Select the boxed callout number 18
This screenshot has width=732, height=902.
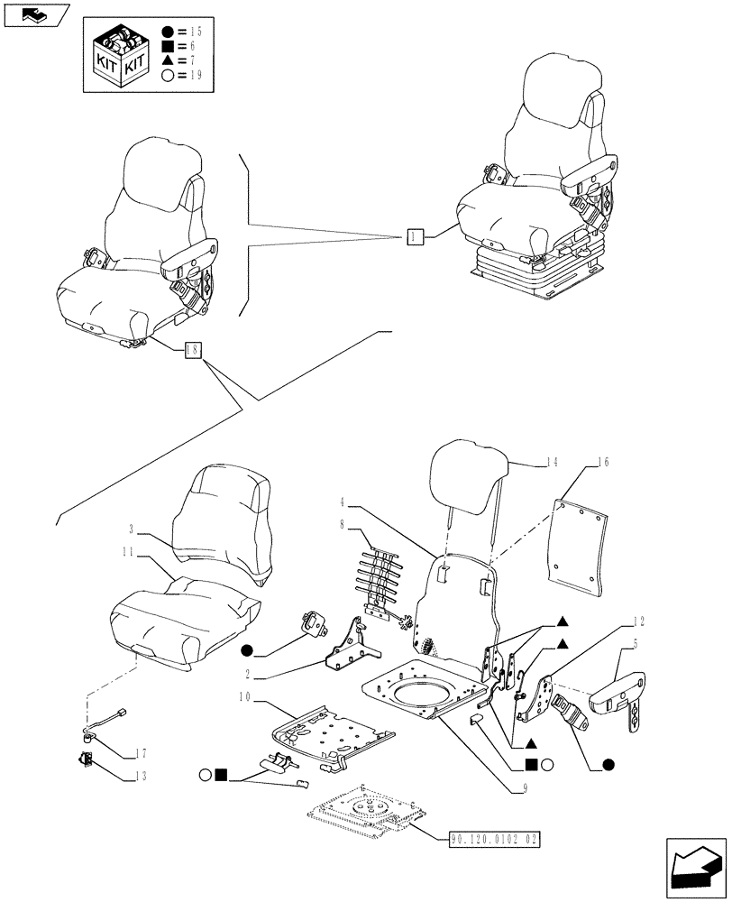pos(193,351)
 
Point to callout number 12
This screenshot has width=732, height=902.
pos(638,621)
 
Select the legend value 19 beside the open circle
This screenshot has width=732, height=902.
pos(195,75)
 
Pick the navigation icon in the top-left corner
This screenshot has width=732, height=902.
pos(35,15)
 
